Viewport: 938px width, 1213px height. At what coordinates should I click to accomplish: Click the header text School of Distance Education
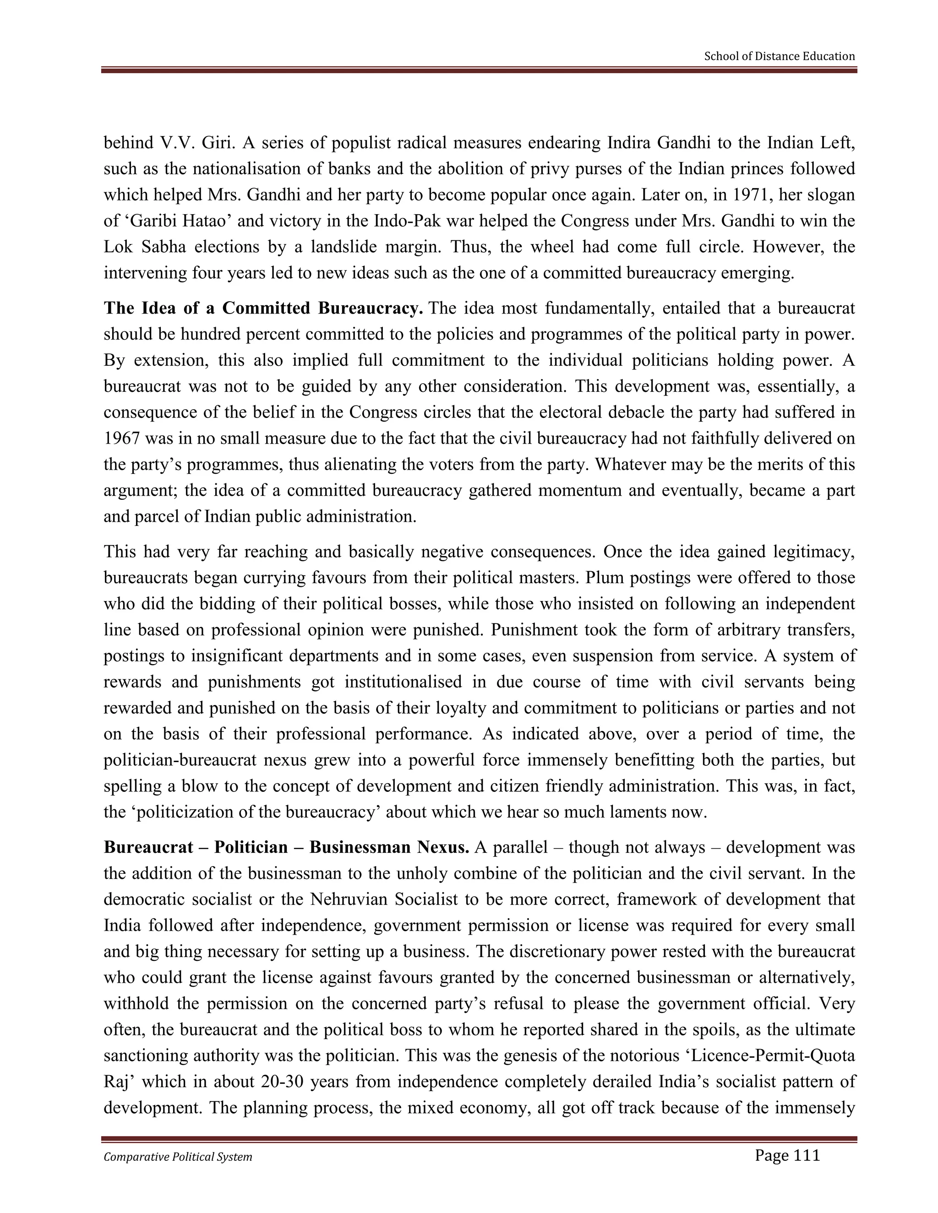pos(779,56)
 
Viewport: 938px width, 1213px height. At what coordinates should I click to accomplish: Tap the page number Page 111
pos(787,1156)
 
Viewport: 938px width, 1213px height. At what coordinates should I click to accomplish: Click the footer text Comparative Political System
pos(178,1157)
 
